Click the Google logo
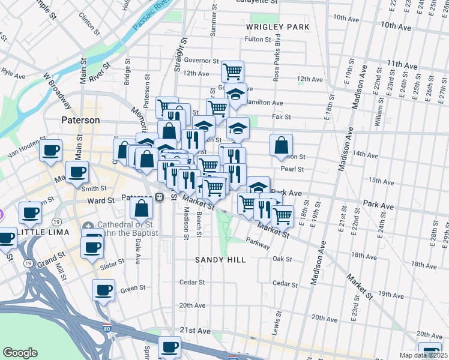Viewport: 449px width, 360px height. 20,352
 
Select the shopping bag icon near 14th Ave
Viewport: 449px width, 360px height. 281,145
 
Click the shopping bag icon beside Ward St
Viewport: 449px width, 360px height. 142,209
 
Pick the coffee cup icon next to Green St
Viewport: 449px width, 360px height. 103,291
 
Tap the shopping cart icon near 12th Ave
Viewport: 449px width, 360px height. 232,71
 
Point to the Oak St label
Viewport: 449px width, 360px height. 282,260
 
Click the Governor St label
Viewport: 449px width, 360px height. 201,61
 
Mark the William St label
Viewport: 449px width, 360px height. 378,114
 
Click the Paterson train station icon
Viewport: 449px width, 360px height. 160,197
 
